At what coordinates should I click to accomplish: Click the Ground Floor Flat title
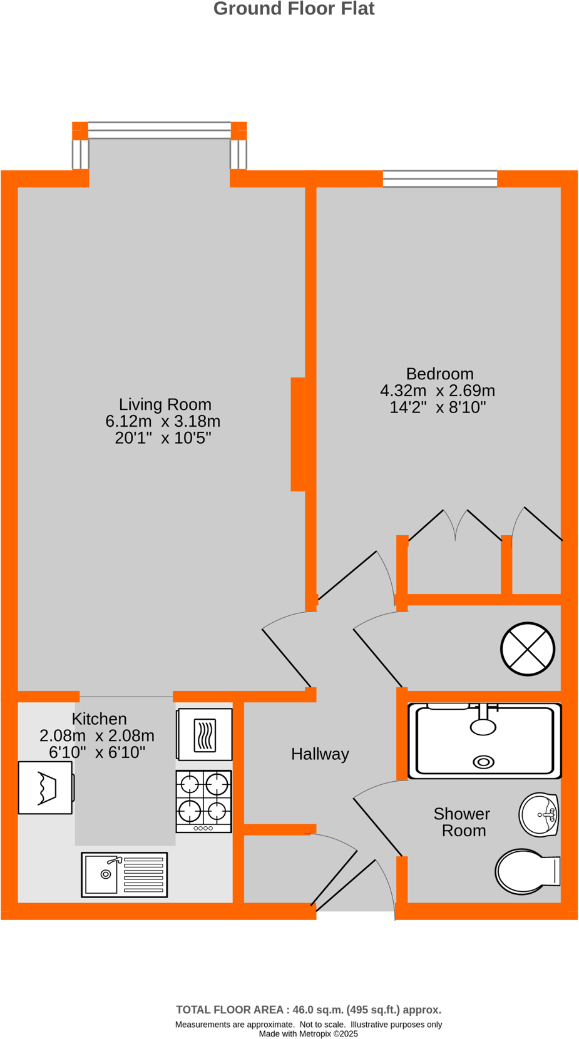pyautogui.click(x=294, y=9)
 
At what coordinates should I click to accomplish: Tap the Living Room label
pyautogui.click(x=165, y=404)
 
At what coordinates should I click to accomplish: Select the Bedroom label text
pyautogui.click(x=439, y=374)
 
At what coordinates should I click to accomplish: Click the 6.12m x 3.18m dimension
pyautogui.click(x=163, y=421)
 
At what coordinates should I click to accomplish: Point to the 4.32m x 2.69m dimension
pyautogui.click(x=438, y=391)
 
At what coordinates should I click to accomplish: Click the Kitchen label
pyautogui.click(x=99, y=719)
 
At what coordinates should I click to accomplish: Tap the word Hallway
pyautogui.click(x=320, y=754)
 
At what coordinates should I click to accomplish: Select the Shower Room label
pyautogui.click(x=462, y=822)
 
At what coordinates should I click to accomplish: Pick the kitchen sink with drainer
pyautogui.click(x=125, y=874)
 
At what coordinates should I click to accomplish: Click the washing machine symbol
pyautogui.click(x=46, y=787)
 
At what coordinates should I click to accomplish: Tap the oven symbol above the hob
pyautogui.click(x=205, y=734)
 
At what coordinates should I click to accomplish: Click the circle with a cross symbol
pyautogui.click(x=528, y=649)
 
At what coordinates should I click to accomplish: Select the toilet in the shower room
pyautogui.click(x=526, y=871)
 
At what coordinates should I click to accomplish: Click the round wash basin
pyautogui.click(x=539, y=814)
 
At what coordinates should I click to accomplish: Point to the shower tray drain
pyautogui.click(x=483, y=762)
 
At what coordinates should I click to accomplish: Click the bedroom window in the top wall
pyautogui.click(x=439, y=178)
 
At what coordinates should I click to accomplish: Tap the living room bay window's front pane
pyautogui.click(x=159, y=130)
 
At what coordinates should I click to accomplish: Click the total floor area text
pyautogui.click(x=309, y=1009)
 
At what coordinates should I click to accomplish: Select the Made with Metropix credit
pyautogui.click(x=308, y=1033)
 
